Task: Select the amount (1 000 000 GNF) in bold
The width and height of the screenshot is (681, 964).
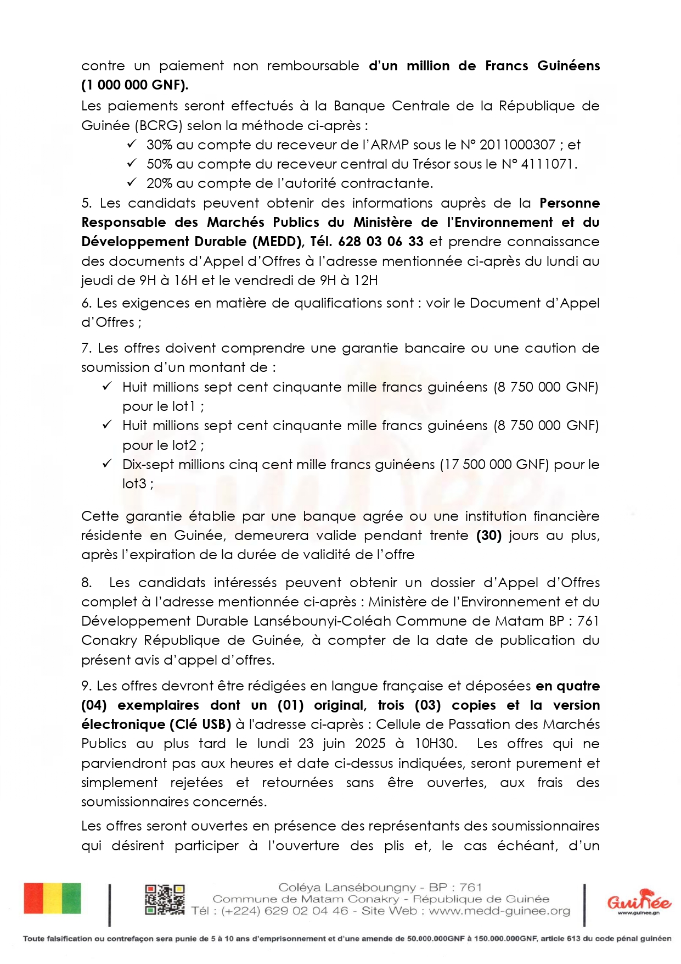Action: pos(135,85)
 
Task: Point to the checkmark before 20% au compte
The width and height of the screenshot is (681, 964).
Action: pos(132,182)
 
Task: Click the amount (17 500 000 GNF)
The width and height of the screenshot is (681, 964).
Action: pos(494,465)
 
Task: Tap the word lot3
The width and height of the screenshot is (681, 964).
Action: pos(134,484)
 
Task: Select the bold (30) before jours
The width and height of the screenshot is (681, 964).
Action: pos(489,536)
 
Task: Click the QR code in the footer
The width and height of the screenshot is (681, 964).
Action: pos(165,900)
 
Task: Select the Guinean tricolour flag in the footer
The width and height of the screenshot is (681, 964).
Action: pos(52,899)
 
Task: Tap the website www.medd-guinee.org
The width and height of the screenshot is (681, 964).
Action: pos(499,911)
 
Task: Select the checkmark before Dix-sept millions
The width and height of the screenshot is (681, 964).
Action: pos(108,464)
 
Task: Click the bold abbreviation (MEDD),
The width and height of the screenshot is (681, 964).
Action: pos(278,242)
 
